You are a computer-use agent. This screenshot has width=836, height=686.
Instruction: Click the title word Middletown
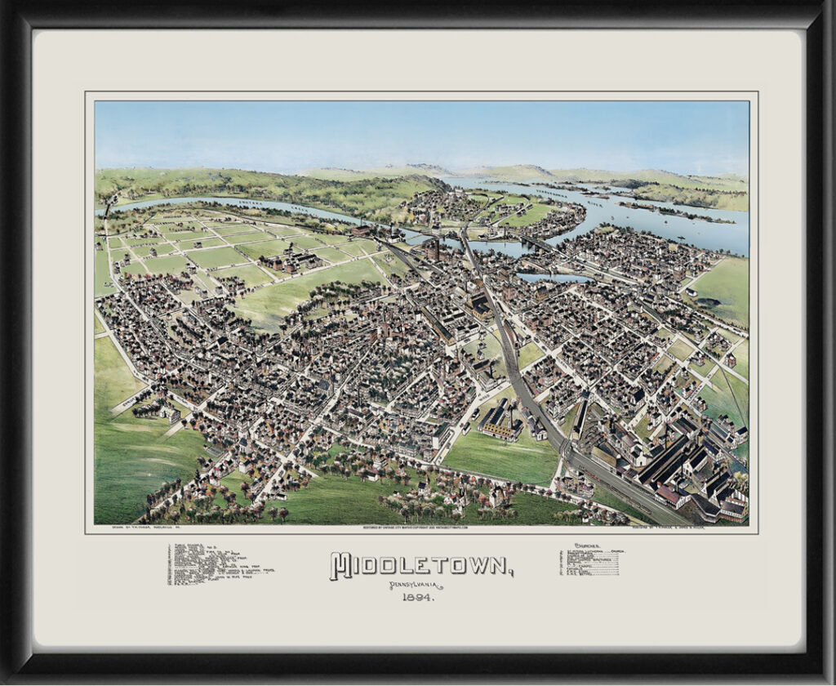pyautogui.click(x=420, y=565)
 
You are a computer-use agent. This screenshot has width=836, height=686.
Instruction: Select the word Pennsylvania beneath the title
pyautogui.click(x=417, y=586)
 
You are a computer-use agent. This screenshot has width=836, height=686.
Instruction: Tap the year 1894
pyautogui.click(x=417, y=598)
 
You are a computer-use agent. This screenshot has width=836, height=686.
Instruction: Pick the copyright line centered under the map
pyautogui.click(x=419, y=528)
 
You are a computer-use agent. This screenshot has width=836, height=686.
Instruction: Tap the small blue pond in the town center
pyautogui.click(x=555, y=278)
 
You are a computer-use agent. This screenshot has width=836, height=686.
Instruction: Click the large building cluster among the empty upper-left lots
pyautogui.click(x=287, y=260)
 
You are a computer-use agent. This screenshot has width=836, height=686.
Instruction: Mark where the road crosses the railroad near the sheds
pyautogui.click(x=571, y=453)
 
